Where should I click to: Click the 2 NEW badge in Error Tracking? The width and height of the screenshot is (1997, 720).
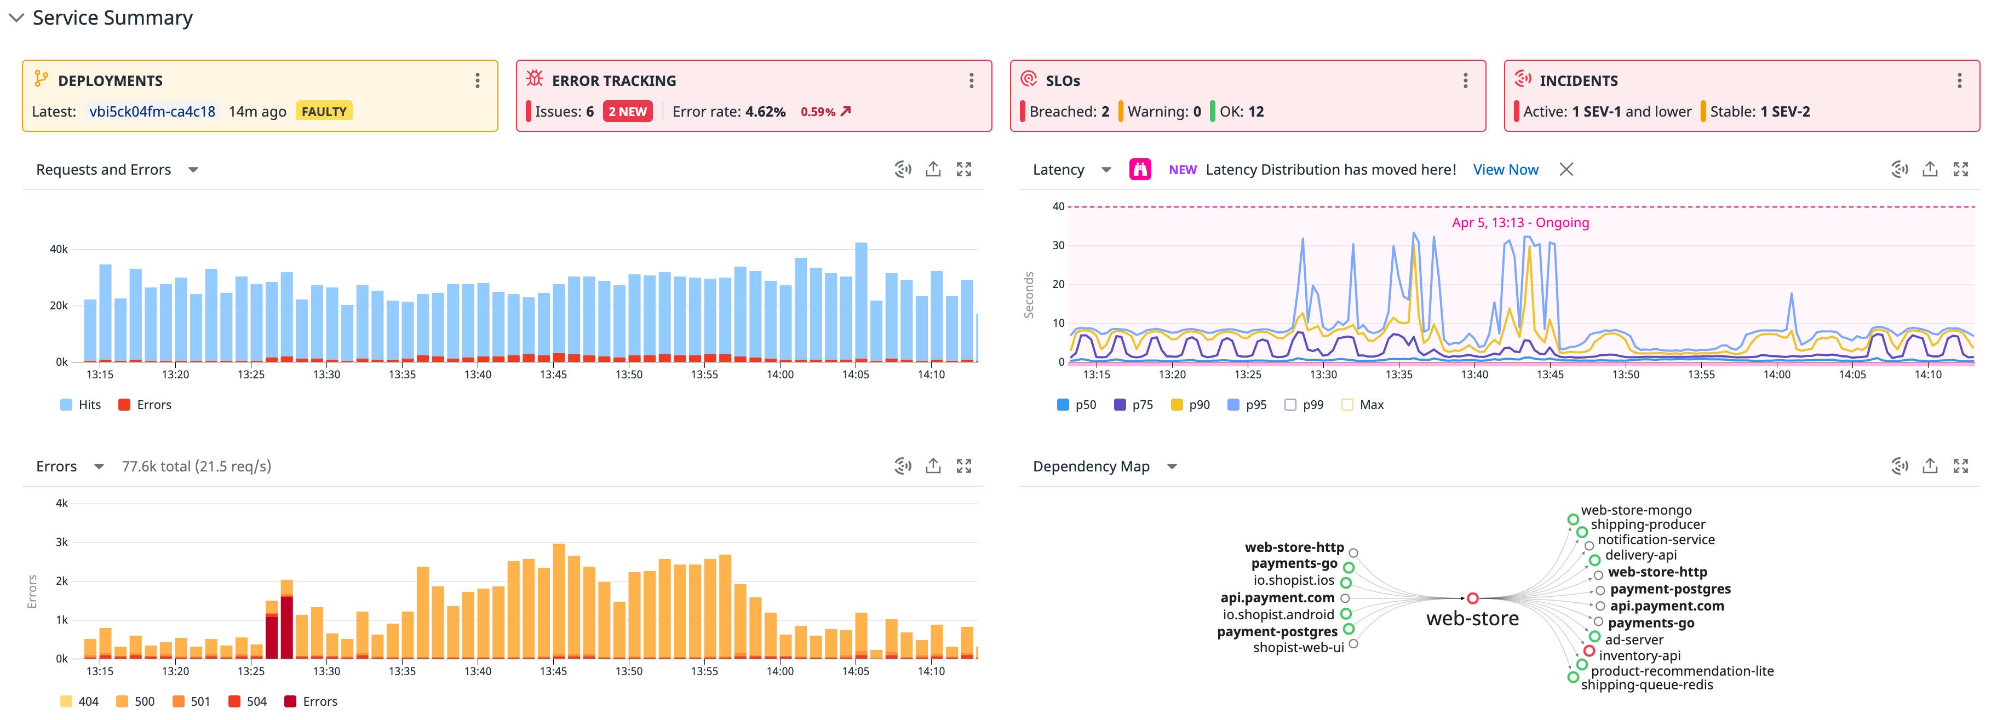(x=627, y=112)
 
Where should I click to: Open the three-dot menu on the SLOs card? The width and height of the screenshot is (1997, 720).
(x=1465, y=80)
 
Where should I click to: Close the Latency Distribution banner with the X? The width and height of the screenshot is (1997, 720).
(x=1566, y=170)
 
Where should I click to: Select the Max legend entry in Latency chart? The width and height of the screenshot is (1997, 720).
(x=1362, y=405)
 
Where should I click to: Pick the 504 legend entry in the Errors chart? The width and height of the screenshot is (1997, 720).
(x=248, y=701)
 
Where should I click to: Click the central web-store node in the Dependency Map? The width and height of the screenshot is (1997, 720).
(x=1472, y=598)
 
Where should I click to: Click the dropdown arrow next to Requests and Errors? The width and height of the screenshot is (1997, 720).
(x=193, y=170)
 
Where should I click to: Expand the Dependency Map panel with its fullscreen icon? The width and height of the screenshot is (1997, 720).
(x=1960, y=466)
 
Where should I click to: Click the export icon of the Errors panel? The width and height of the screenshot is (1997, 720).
(x=933, y=466)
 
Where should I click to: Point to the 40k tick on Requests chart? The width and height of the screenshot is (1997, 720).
(x=59, y=250)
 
